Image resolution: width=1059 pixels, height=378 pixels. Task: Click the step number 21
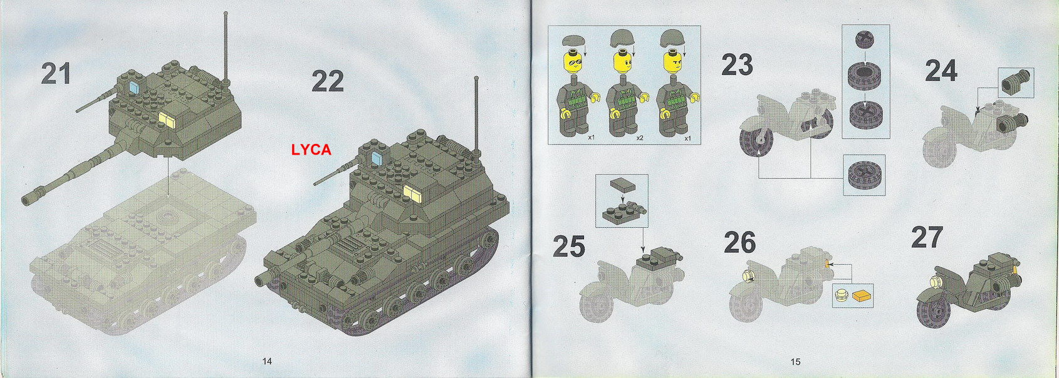click(x=56, y=74)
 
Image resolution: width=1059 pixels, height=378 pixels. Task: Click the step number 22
click(x=327, y=81)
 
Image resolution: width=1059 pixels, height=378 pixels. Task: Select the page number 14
click(x=268, y=361)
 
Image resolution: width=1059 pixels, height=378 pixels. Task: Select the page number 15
click(x=795, y=361)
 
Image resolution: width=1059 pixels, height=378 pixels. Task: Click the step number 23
click(x=737, y=65)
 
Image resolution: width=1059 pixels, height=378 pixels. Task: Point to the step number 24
click(x=941, y=71)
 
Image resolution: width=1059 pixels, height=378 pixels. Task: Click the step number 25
click(x=569, y=247)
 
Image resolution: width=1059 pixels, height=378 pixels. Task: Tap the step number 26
click(x=739, y=243)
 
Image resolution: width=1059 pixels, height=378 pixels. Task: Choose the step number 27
click(x=927, y=238)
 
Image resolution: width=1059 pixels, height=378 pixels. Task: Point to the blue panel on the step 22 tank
click(x=377, y=155)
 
